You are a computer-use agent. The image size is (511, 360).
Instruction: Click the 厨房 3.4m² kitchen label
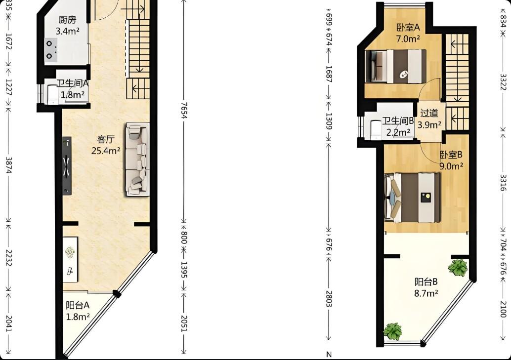coord(68,25)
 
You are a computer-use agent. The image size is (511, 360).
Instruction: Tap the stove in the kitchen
coord(51,50)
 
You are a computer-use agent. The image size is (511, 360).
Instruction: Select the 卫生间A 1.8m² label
coord(73,89)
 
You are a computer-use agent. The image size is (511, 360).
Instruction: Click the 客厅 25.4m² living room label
coord(106,145)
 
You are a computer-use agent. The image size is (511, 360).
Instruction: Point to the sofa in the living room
coord(138,160)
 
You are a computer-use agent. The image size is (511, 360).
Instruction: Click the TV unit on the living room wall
coord(67,166)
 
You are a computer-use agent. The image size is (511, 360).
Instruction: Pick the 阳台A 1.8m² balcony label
coord(78,311)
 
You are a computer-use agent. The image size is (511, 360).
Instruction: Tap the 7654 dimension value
coord(184,111)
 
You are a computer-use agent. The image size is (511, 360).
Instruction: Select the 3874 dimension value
coord(9,165)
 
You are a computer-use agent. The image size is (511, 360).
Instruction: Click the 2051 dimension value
coord(184,323)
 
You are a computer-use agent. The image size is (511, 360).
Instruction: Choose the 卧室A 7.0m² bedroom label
coord(408,33)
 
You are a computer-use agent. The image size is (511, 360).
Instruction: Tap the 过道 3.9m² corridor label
coord(429,119)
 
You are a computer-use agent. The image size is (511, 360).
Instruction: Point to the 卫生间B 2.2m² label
coord(398,126)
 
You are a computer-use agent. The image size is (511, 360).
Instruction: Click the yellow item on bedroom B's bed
coord(426,197)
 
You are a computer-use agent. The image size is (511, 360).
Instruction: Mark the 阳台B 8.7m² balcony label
coord(426,287)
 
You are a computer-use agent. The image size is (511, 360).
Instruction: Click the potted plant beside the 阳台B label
coord(458,268)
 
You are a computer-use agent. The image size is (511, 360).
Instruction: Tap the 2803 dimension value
coord(329,298)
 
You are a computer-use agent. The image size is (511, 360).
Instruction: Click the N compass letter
coord(329,355)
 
